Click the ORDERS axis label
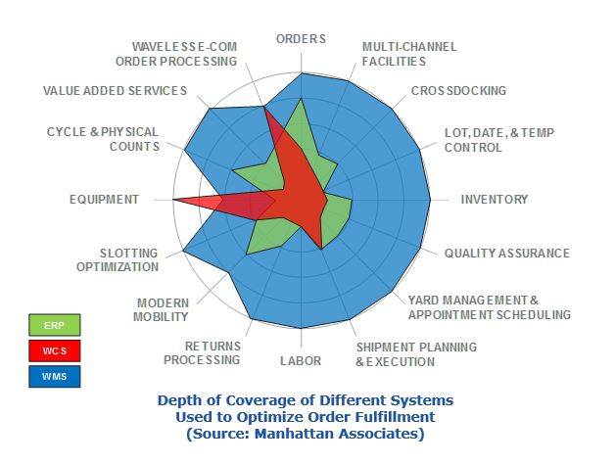(301, 38)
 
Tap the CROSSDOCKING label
(458, 91)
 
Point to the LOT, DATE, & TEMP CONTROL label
(487, 140)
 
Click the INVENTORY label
(495, 200)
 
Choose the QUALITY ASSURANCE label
(506, 253)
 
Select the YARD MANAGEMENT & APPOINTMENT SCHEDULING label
(489, 307)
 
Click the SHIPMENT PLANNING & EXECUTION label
(416, 354)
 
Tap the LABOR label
(300, 361)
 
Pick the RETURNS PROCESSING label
(212, 352)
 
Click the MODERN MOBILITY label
(163, 309)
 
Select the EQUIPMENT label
(104, 200)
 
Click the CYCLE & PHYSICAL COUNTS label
(103, 139)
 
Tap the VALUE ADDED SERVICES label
(115, 91)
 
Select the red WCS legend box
(54, 350)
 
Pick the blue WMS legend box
(54, 376)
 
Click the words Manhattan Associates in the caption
(343, 433)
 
